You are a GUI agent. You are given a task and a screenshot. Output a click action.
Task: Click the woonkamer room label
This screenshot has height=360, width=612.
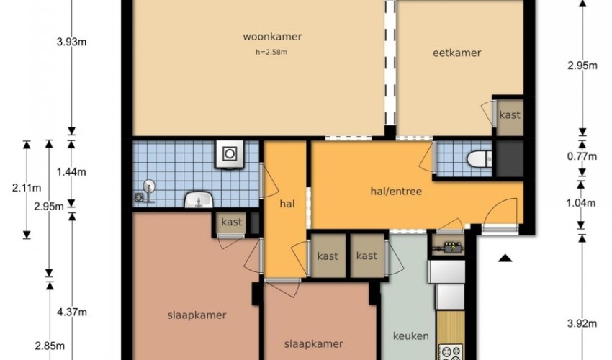point(272,37)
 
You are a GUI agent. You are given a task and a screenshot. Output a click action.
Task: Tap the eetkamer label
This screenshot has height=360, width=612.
point(456,53)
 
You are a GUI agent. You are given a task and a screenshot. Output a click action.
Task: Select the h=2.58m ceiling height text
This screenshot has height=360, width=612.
point(271,52)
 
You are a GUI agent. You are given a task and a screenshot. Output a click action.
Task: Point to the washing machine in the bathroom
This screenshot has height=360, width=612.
point(230,154)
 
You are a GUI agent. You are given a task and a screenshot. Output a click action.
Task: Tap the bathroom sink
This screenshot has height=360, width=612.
point(199,199)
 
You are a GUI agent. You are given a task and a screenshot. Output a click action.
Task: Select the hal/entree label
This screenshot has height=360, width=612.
point(396,192)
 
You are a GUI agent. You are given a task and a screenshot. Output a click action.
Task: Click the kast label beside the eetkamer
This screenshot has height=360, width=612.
point(510,114)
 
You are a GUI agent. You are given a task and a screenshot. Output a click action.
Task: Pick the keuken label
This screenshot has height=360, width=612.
point(411,336)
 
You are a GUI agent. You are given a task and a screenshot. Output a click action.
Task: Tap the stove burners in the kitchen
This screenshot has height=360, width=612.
point(451,352)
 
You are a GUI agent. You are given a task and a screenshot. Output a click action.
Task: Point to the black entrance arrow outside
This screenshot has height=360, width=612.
point(505,258)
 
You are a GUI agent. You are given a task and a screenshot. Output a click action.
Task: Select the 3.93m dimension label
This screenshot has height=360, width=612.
point(71,42)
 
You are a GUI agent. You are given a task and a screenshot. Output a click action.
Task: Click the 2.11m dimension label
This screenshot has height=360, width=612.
point(27,188)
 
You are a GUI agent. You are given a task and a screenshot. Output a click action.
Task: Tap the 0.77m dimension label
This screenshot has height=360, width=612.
point(582,156)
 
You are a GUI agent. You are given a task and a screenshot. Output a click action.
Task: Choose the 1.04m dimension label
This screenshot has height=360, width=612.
point(581,202)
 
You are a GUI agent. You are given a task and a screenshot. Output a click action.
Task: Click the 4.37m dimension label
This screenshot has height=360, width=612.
point(72,312)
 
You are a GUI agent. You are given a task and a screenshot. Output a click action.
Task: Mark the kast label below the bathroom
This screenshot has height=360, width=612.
point(232,222)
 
